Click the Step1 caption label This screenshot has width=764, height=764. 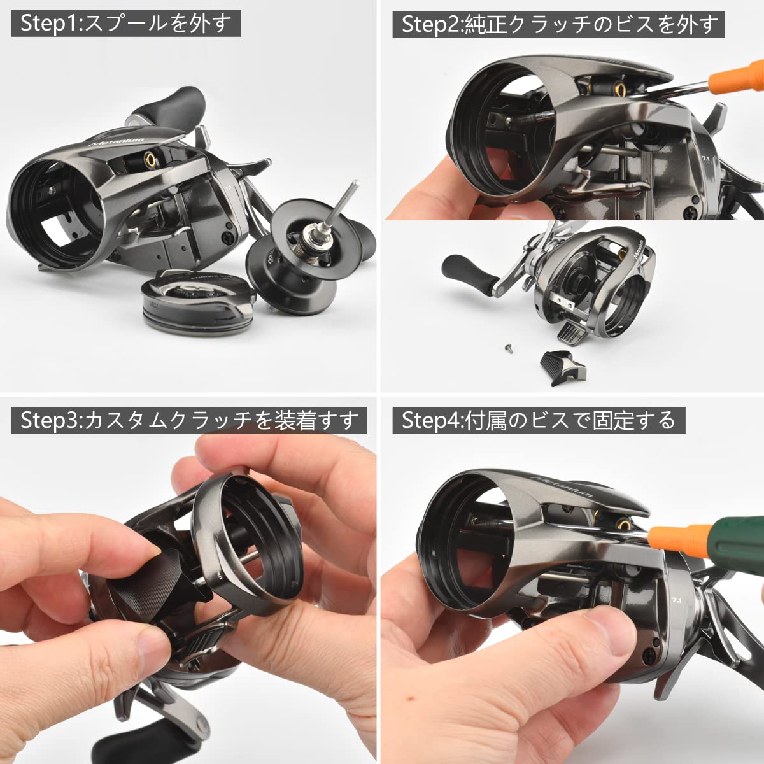(x=125, y=24)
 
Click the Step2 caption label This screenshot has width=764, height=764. (x=560, y=24)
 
